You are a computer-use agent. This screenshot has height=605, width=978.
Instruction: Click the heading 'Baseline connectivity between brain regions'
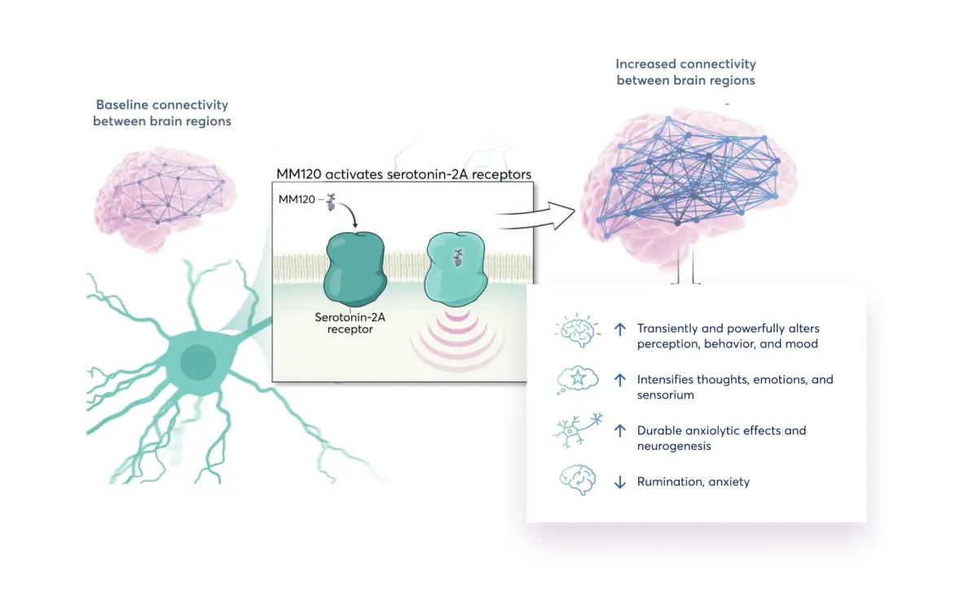click(162, 113)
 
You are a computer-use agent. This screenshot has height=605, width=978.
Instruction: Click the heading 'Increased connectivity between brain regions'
click(685, 72)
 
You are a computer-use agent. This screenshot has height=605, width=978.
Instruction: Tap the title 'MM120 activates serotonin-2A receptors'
click(404, 174)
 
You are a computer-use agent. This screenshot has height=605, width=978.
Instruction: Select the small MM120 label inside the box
click(296, 199)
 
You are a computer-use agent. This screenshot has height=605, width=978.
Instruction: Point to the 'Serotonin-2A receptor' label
click(350, 323)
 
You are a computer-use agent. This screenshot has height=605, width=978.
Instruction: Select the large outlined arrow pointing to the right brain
click(535, 216)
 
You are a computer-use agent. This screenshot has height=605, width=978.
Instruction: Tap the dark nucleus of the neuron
click(198, 362)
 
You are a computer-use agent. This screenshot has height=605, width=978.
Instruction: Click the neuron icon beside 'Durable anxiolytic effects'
click(577, 431)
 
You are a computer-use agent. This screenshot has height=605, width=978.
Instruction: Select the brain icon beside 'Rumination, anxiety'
click(577, 480)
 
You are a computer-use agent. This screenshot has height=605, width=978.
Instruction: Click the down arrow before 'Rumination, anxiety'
click(619, 482)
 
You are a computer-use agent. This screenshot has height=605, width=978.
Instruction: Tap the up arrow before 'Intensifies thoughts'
click(619, 380)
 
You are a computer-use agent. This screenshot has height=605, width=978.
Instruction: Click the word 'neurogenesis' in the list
click(674, 446)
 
